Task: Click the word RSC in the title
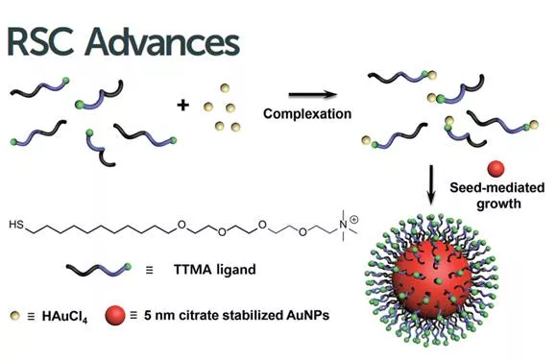tap(40, 42)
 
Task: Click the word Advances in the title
tap(162, 42)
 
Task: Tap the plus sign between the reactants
tap(183, 105)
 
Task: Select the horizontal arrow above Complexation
tap(313, 94)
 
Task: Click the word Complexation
tap(307, 114)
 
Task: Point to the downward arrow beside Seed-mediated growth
tap(431, 184)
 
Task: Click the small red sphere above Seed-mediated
tap(496, 169)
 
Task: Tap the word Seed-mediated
tap(497, 187)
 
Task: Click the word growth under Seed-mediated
tap(498, 204)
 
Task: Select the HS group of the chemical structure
tap(16, 225)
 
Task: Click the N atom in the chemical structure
tap(343, 225)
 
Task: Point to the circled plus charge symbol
tap(354, 220)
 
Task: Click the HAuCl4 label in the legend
tap(64, 316)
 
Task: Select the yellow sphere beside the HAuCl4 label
tap(15, 315)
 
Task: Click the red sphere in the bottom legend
tap(115, 315)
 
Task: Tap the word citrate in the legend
tap(200, 315)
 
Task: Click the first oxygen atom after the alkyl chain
tap(181, 225)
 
